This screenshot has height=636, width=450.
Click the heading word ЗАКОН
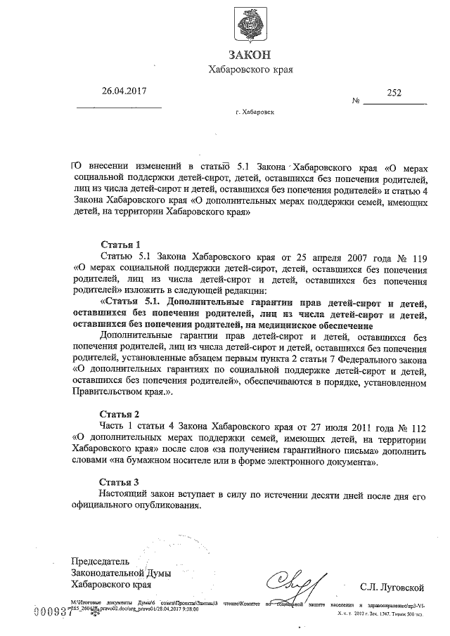coord(250,56)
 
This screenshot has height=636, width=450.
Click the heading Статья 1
coord(121,244)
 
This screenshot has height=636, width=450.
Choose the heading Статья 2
coord(121,413)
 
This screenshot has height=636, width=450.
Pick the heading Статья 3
coord(121,481)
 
